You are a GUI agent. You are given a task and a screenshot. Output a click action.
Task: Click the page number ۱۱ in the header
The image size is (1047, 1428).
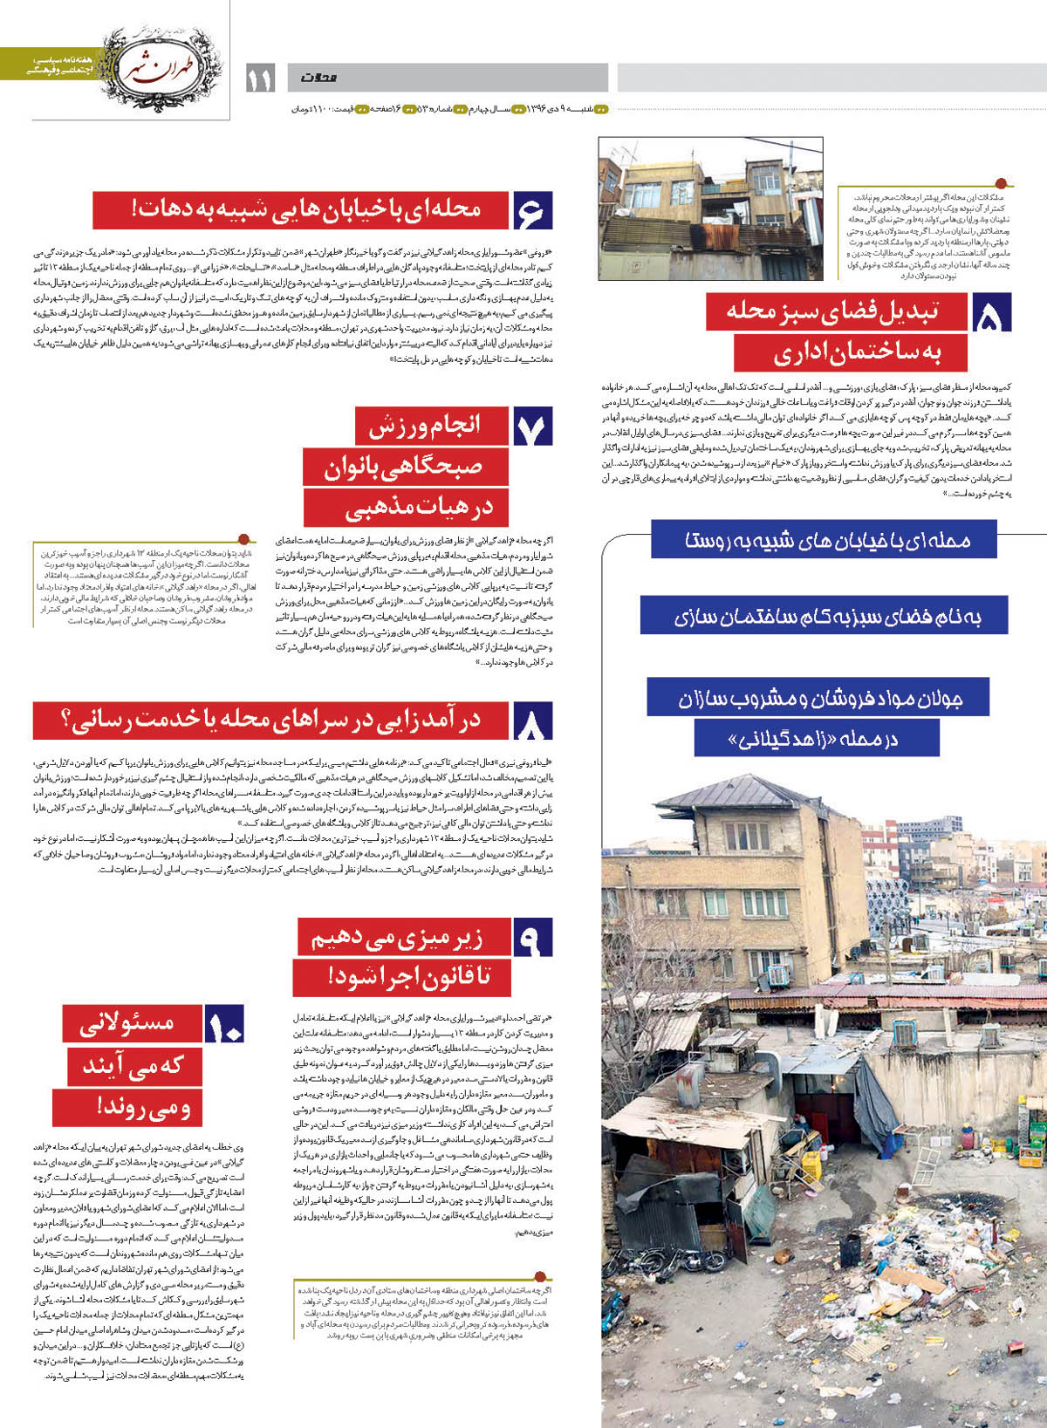click(259, 79)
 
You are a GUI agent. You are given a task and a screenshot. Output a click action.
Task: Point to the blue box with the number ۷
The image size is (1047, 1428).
click(532, 427)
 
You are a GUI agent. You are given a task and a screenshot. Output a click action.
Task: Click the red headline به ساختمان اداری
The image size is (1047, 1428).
click(837, 353)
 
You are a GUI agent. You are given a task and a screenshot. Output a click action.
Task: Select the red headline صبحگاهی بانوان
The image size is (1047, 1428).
click(404, 467)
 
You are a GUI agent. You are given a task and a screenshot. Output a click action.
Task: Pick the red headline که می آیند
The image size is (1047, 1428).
click(133, 1066)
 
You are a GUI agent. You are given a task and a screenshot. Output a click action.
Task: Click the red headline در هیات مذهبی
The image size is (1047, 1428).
click(406, 508)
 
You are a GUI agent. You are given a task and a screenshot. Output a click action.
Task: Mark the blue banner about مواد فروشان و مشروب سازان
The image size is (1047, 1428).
click(818, 699)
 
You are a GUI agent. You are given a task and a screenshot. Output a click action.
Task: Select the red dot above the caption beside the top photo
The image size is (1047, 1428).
click(1001, 183)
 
